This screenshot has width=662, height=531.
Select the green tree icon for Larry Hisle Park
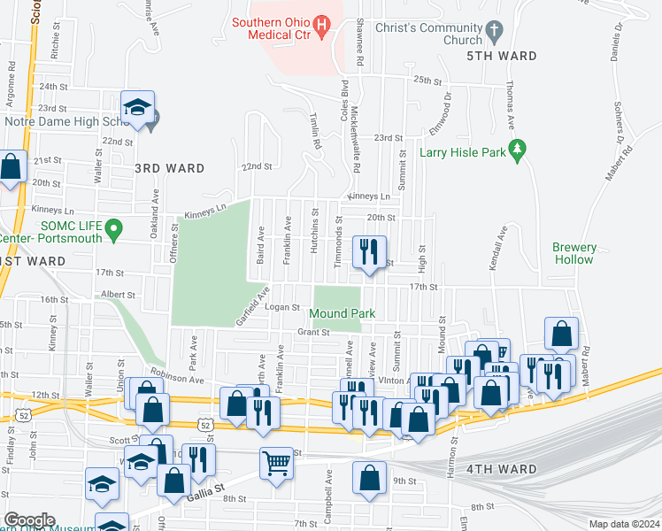pyautogui.click(x=520, y=152)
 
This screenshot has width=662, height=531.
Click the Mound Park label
pyautogui.click(x=343, y=313)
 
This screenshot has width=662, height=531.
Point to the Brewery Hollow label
pyautogui.click(x=574, y=254)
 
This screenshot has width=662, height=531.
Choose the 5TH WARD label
pyautogui.click(x=501, y=56)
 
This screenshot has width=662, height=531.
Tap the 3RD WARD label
pyautogui.click(x=169, y=168)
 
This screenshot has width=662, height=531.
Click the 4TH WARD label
pyautogui.click(x=501, y=469)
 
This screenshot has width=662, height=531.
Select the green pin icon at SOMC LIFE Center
pyautogui.click(x=113, y=231)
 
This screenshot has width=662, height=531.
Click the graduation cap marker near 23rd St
pyautogui.click(x=138, y=108)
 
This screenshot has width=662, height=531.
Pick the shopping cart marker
pyautogui.click(x=276, y=462)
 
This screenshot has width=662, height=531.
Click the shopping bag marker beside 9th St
pyautogui.click(x=369, y=478)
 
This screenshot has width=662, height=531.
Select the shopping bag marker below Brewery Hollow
pyautogui.click(x=561, y=334)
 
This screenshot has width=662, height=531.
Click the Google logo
pyautogui.click(x=28, y=520)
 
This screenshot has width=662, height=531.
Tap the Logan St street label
pyautogui.click(x=283, y=307)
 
